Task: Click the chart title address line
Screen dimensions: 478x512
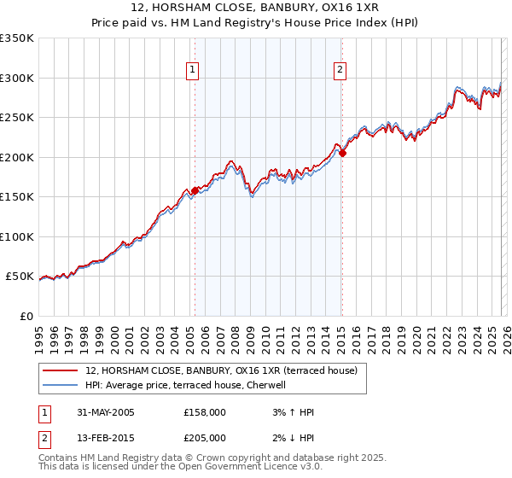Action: point(255,8)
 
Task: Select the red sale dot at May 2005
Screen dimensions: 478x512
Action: point(195,191)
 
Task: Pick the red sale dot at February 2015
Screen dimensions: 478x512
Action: point(342,154)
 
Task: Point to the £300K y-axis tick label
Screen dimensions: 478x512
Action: point(17,78)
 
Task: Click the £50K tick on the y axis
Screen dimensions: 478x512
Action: point(20,277)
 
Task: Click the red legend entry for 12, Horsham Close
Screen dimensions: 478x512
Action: point(225,371)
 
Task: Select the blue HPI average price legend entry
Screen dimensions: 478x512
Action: point(190,385)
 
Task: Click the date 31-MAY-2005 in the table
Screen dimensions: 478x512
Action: point(106,412)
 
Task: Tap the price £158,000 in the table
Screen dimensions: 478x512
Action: point(204,412)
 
